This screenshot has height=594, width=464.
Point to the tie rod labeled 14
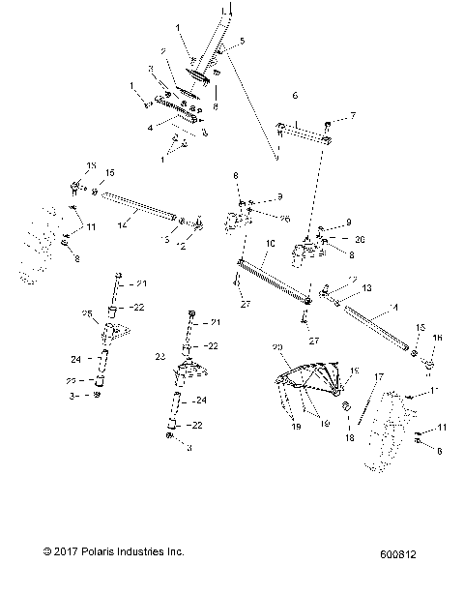[x=135, y=205]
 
